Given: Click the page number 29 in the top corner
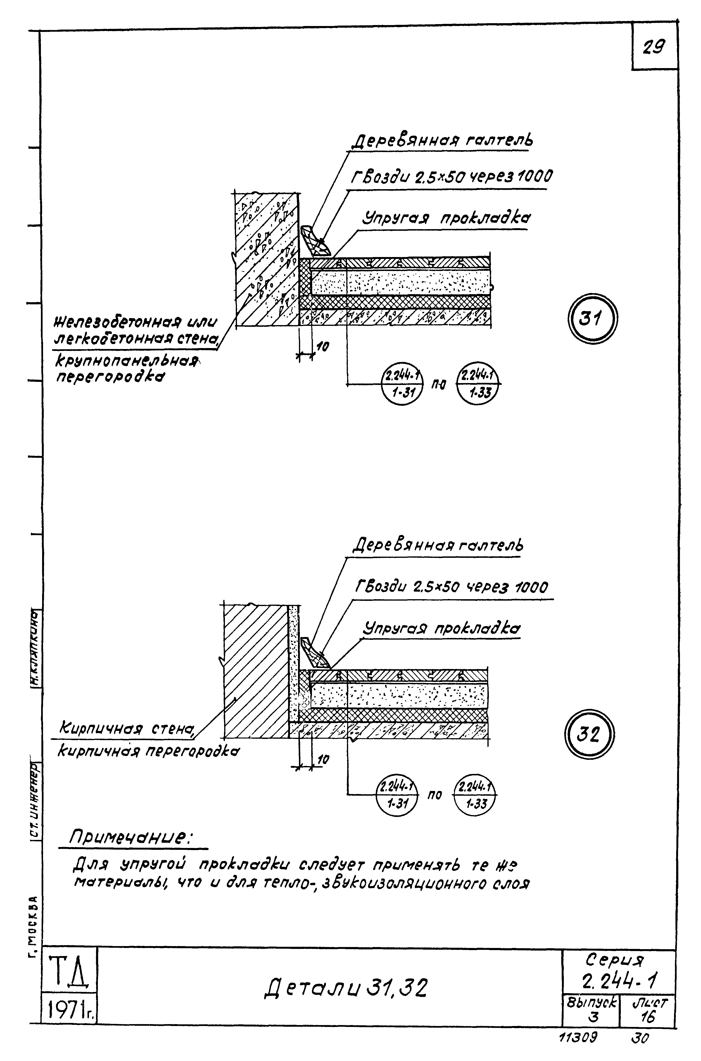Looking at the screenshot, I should (654, 47).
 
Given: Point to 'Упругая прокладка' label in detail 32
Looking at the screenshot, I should (442, 629).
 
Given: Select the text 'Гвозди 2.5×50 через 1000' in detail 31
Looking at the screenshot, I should (451, 177).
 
